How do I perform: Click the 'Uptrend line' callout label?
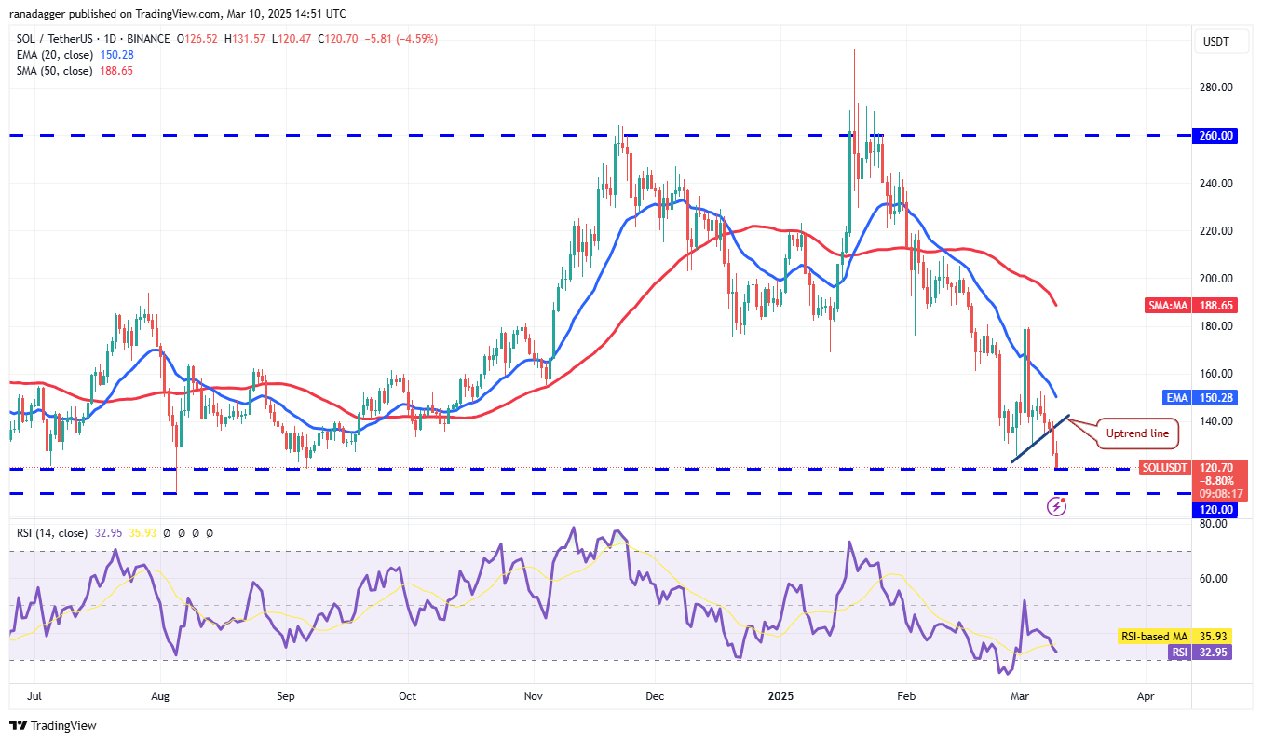pyautogui.click(x=1135, y=433)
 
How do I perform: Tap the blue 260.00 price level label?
pyautogui.click(x=1215, y=136)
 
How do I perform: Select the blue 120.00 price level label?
pyautogui.click(x=1215, y=510)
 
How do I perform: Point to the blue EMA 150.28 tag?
pyautogui.click(x=1201, y=398)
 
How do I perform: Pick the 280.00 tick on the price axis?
pyautogui.click(x=1215, y=88)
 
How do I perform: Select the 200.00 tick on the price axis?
pyautogui.click(x=1215, y=279)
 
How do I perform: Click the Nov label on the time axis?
pyautogui.click(x=534, y=696)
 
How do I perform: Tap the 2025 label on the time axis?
pyautogui.click(x=780, y=696)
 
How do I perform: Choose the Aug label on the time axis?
pyautogui.click(x=159, y=696)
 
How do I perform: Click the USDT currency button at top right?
pyautogui.click(x=1216, y=41)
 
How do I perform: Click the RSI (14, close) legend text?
pyautogui.click(x=51, y=533)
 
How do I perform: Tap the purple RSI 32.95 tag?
pyautogui.click(x=1200, y=652)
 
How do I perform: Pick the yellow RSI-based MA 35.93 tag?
pyautogui.click(x=1174, y=637)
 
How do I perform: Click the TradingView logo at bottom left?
pyautogui.click(x=53, y=725)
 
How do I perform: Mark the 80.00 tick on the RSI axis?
pyautogui.click(x=1212, y=524)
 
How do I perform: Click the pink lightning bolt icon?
pyautogui.click(x=1056, y=506)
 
